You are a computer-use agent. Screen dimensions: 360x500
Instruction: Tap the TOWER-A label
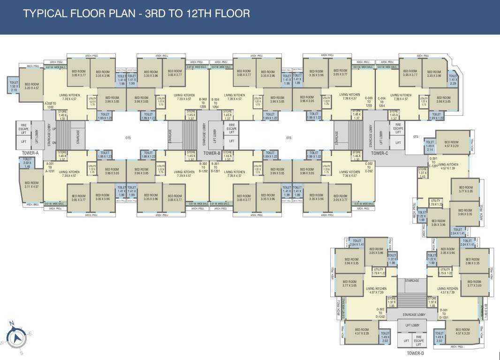coord(30,153)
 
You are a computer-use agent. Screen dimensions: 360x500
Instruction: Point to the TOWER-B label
coord(212,153)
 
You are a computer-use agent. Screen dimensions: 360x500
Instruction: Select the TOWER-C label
coord(379,153)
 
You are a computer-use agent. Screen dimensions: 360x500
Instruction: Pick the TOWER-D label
coord(415,353)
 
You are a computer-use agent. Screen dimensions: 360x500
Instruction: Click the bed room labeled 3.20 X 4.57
coord(32,86)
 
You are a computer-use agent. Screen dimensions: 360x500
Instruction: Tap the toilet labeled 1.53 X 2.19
coord(14,86)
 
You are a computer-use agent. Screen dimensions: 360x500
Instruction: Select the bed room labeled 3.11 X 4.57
coord(32,185)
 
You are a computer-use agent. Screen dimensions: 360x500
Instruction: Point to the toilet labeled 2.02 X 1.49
coord(27,163)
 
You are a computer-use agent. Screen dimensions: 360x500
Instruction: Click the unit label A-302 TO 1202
coord(50,105)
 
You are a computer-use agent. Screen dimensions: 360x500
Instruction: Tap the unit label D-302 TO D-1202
coord(380,313)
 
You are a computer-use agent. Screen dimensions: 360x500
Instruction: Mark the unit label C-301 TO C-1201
coord(433,162)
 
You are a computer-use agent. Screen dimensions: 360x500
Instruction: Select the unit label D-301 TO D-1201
coord(444,314)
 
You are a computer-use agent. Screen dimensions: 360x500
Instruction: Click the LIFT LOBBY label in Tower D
coord(412,325)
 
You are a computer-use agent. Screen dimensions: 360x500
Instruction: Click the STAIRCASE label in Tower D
coord(411,281)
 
